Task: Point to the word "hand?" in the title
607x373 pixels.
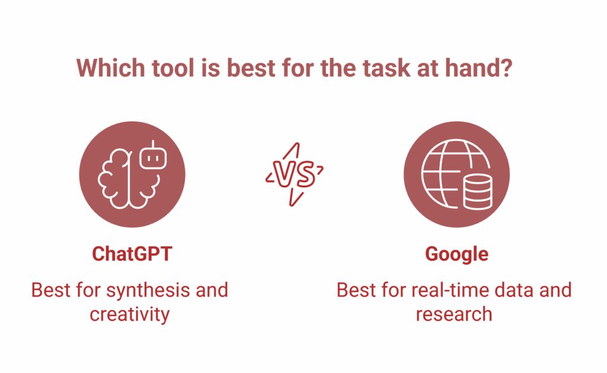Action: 483,68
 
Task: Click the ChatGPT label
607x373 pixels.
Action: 132,254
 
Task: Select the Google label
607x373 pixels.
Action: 456,254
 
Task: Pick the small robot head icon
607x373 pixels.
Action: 152,158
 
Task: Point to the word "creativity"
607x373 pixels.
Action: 129,313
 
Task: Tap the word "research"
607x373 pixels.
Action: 453,313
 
